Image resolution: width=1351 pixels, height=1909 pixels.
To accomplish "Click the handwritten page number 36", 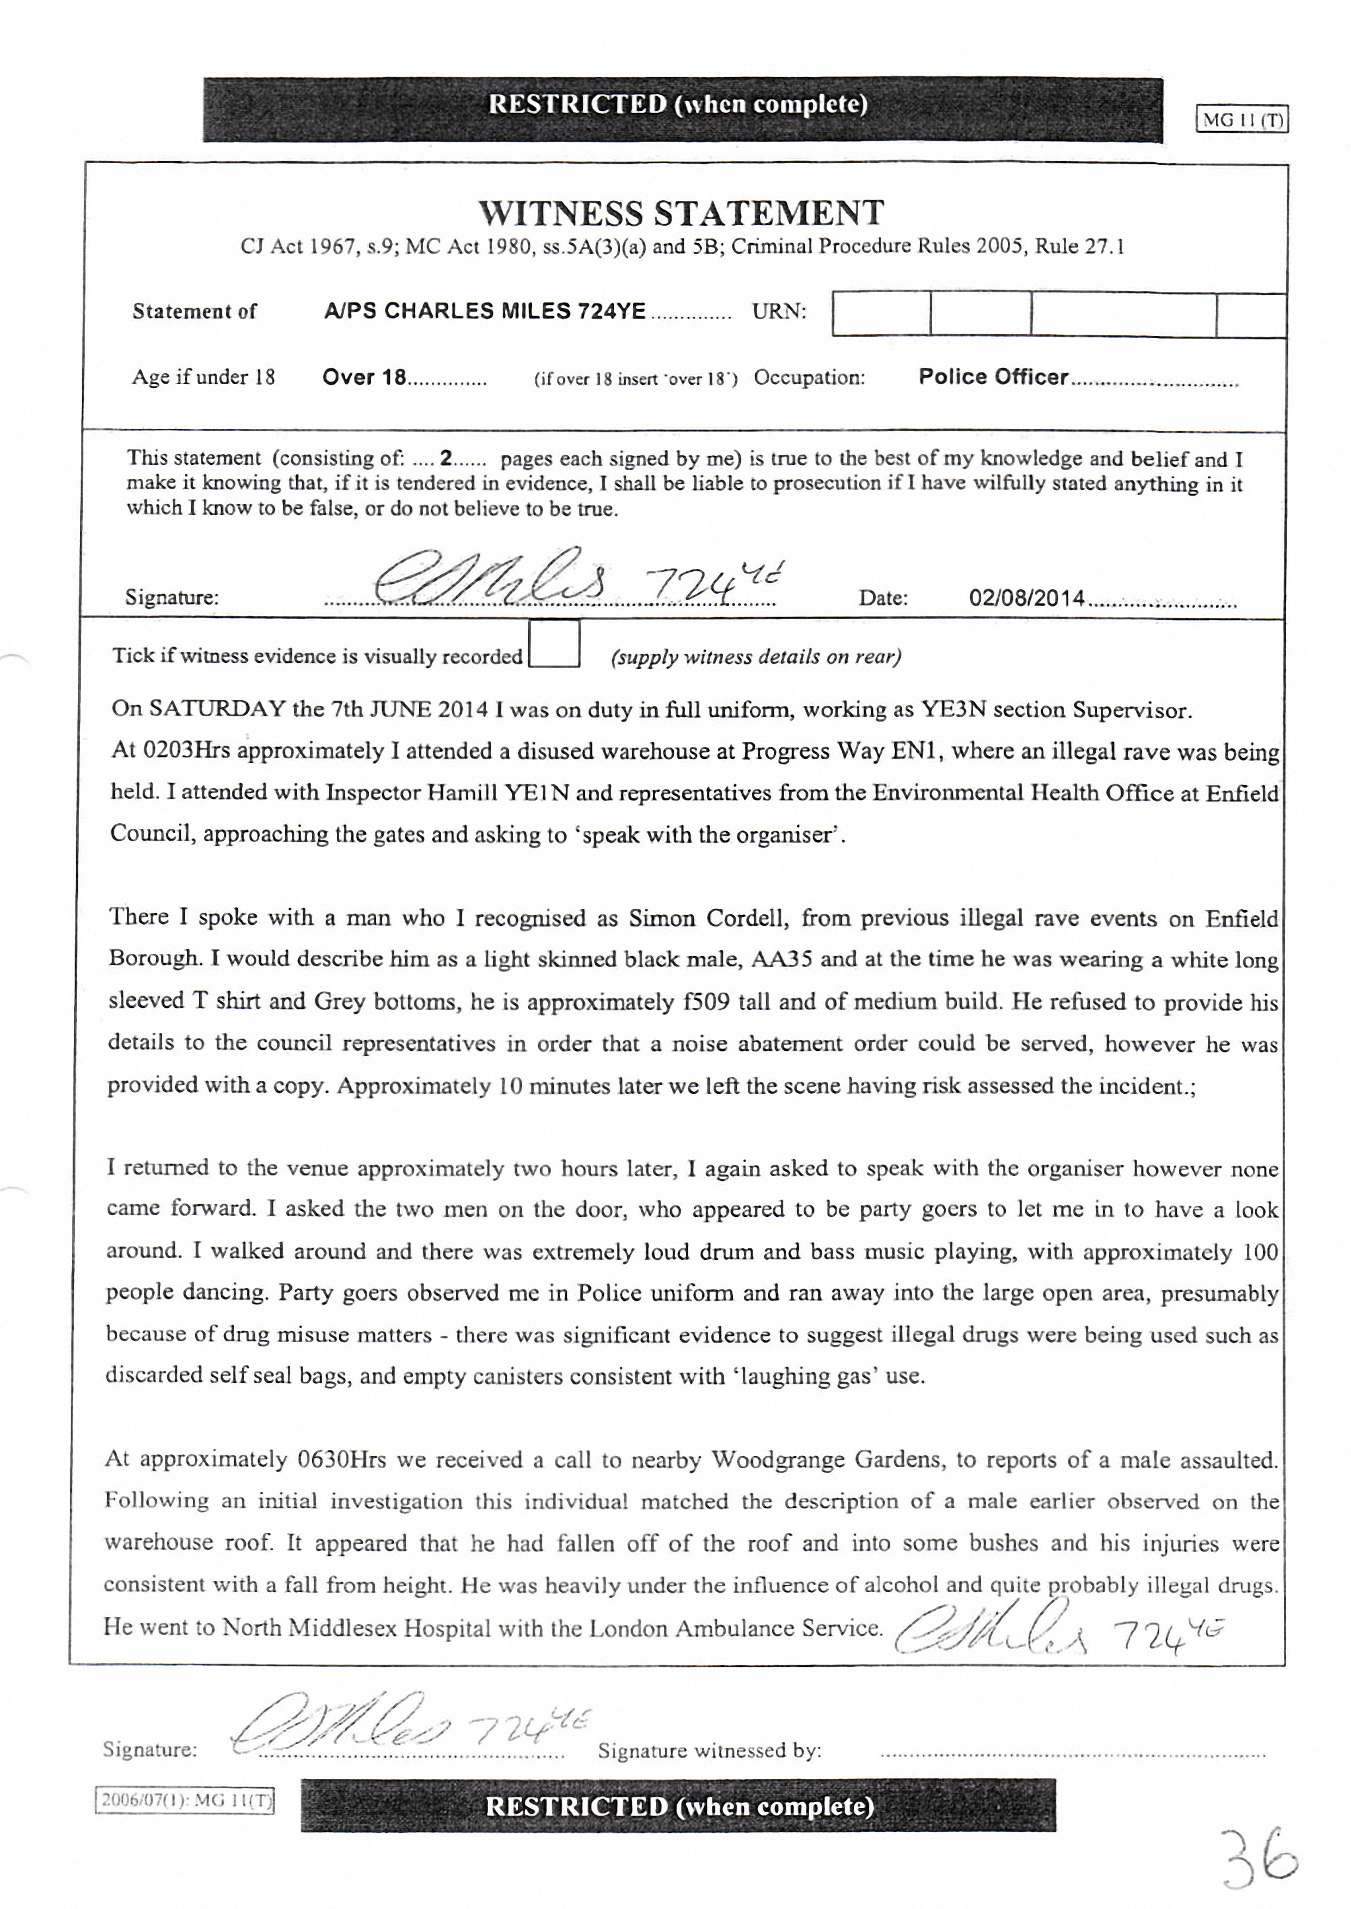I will click(1260, 1857).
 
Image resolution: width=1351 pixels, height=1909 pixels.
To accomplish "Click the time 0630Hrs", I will click(340, 1459).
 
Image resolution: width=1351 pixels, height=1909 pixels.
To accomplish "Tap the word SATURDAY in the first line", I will click(217, 709).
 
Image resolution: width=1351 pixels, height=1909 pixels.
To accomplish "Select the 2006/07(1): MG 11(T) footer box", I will click(185, 1801).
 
